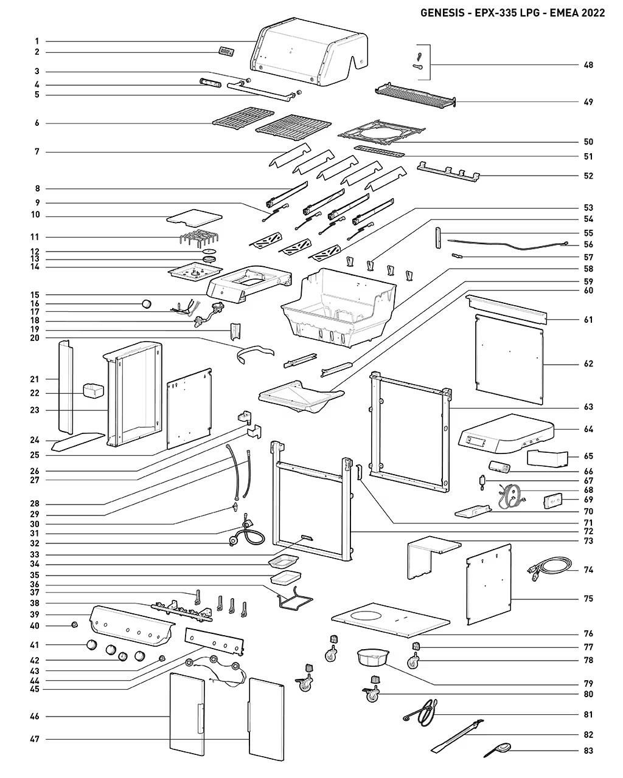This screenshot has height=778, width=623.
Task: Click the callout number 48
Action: pyautogui.click(x=588, y=65)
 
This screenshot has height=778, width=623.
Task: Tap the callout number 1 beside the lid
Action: pyautogui.click(x=37, y=41)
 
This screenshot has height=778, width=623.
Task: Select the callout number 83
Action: pyautogui.click(x=588, y=751)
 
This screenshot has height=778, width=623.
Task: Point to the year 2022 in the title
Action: pyautogui.click(x=593, y=13)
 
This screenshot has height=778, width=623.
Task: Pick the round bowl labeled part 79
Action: pyautogui.click(x=374, y=657)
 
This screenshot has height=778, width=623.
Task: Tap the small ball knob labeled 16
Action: pyautogui.click(x=145, y=303)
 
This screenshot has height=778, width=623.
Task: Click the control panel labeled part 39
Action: pyautogui.click(x=131, y=626)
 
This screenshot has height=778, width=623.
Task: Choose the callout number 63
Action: pyautogui.click(x=588, y=407)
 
